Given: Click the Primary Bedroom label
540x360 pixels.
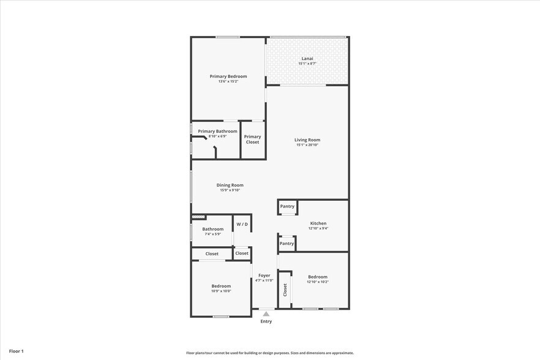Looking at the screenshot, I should click(x=228, y=77).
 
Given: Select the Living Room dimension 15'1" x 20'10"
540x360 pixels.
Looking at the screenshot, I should click(x=307, y=145).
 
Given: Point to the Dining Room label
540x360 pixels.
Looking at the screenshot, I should click(x=230, y=185).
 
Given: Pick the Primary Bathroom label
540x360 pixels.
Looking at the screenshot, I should click(x=217, y=131).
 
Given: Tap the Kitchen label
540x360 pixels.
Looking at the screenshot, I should click(x=318, y=223).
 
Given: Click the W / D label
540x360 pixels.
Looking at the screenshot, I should click(x=242, y=224).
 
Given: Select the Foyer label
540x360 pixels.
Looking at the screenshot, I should click(x=264, y=276).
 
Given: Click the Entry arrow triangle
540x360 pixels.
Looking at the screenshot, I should click(x=266, y=313).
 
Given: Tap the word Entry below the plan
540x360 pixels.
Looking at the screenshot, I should click(x=266, y=321).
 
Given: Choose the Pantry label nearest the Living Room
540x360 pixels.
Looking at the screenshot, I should click(x=287, y=206).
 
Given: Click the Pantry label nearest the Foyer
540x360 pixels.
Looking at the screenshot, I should click(x=287, y=243).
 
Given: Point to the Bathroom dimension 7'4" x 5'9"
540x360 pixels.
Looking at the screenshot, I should click(x=212, y=234).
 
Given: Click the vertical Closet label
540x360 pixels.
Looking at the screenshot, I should click(x=285, y=290).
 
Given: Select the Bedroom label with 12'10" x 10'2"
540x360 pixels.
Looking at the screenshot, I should click(x=318, y=277).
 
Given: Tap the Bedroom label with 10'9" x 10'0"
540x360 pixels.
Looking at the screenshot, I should click(x=221, y=286).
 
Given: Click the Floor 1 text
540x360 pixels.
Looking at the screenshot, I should click(x=16, y=351).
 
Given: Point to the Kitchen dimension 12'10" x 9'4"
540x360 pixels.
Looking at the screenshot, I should click(x=318, y=228).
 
